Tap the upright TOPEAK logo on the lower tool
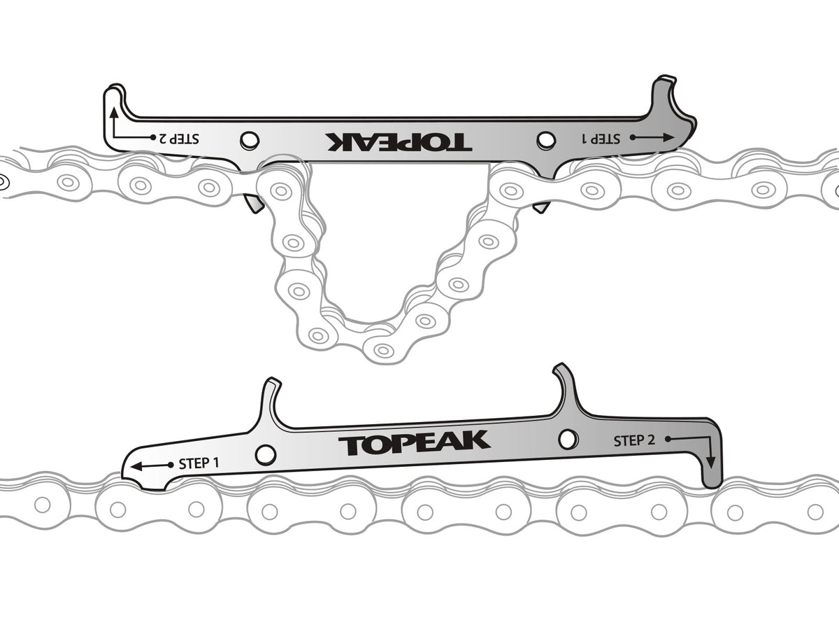414,443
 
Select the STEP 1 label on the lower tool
199,463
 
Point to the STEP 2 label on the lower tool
634,441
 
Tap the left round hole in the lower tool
265,454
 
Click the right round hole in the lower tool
569,440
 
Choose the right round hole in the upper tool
546,140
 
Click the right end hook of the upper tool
669,98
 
